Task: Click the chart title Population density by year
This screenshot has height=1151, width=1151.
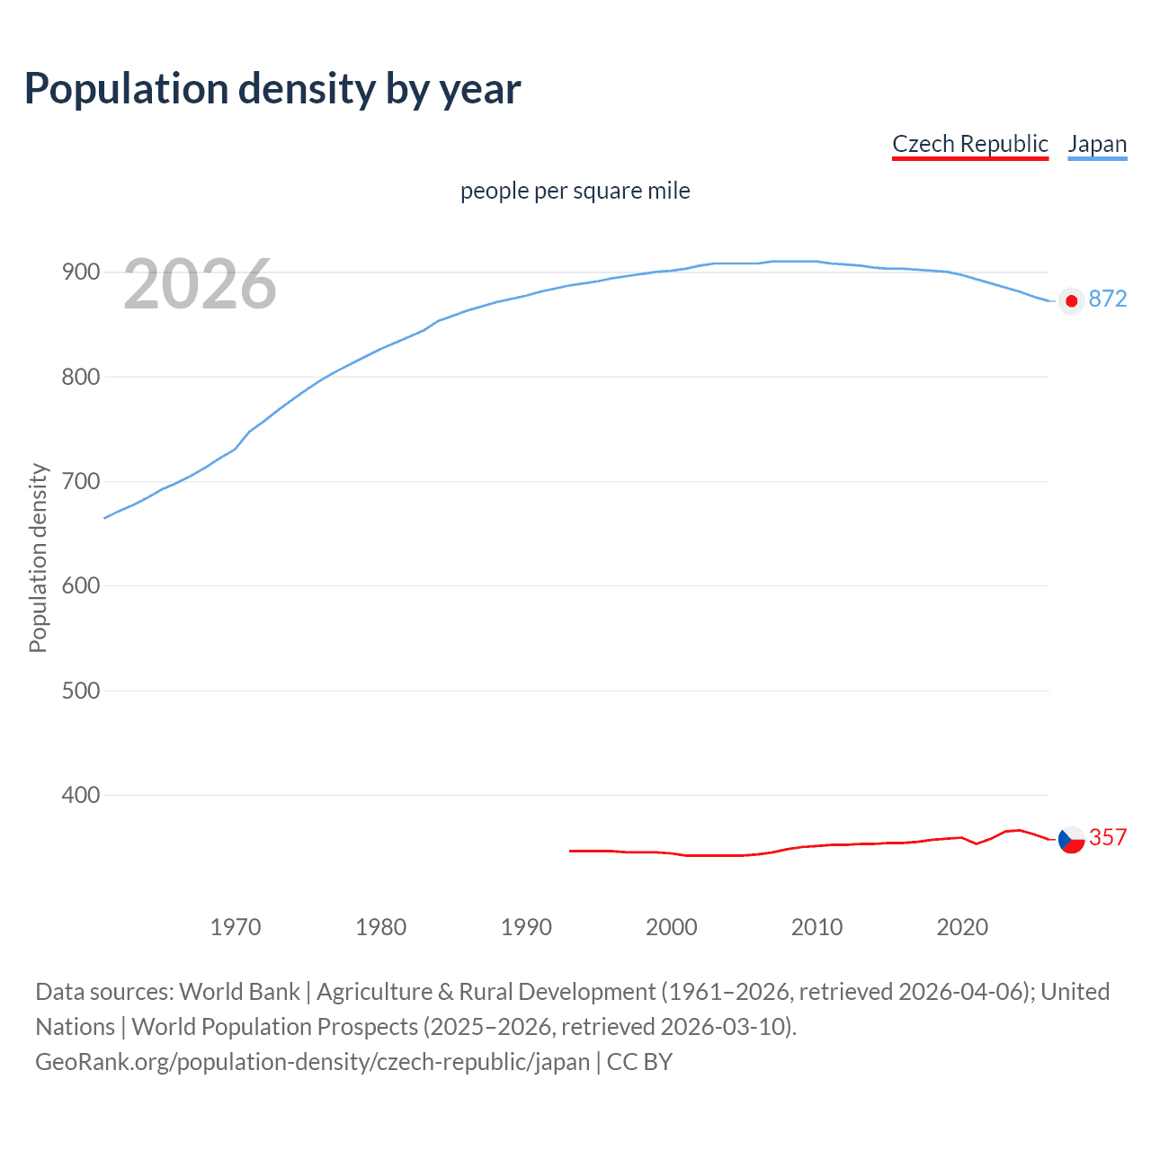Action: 272,89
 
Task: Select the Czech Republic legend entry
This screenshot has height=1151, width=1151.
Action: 969,144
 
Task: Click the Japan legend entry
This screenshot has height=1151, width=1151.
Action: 1097,144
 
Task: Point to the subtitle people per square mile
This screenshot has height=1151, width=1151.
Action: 575,191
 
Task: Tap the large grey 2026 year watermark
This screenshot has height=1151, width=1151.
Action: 200,284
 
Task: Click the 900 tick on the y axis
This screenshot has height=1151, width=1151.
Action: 80,272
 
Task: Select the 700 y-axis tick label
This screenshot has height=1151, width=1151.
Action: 80,481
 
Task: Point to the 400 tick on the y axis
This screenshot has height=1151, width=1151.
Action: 80,795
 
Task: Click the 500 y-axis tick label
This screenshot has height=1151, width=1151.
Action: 80,691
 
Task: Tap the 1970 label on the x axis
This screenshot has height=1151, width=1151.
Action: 236,927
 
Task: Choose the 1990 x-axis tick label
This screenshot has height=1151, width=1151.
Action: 526,927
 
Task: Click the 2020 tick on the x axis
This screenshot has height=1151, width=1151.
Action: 962,927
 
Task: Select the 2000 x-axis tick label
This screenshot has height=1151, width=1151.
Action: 672,927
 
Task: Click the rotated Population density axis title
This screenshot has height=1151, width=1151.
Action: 38,558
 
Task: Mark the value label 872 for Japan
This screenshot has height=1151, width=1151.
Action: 1107,299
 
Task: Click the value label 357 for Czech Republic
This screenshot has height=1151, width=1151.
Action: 1107,837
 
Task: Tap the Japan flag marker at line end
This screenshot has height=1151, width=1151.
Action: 1071,300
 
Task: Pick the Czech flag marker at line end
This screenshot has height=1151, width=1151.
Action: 1071,840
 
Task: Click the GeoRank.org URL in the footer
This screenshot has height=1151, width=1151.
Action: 312,1061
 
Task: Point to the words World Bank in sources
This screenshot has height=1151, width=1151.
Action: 239,992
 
